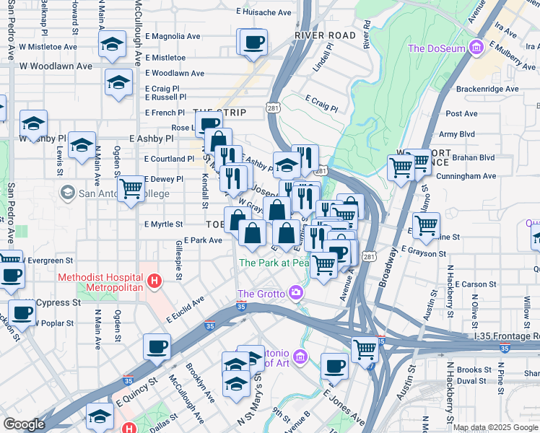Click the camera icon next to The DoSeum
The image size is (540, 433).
click(476, 48)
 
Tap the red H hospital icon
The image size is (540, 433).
click(153, 281)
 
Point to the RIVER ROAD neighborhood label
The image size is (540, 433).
click(325, 35)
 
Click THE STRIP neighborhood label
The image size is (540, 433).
click(219, 113)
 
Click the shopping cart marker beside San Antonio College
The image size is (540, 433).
click(131, 189)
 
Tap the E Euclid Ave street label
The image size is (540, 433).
click(186, 312)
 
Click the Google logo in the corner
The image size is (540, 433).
click(24, 424)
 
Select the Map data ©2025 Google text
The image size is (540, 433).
click(495, 427)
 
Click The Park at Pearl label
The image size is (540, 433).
click(274, 263)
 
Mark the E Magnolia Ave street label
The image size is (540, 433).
click(173, 36)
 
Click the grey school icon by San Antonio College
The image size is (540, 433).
click(68, 193)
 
